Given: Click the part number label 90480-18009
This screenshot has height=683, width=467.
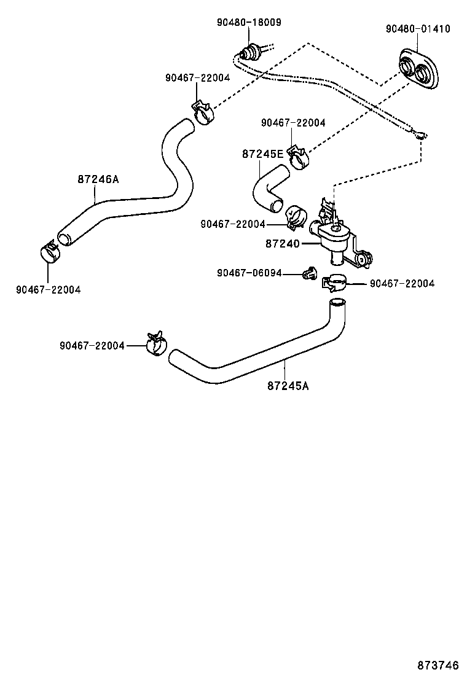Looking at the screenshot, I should coord(249,22).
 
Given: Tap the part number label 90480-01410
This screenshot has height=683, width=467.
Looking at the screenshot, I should coord(418,29).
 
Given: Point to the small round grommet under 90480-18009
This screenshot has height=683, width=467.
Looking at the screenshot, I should coord(249,51).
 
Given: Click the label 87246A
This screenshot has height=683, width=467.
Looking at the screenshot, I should coord(98,179).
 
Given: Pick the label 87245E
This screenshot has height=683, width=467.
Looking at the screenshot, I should coord(262,154).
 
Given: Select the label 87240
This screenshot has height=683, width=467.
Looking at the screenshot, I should coord(283,244).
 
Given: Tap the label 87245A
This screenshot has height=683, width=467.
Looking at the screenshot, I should coord(288,386).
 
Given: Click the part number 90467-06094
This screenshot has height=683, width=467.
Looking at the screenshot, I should coord(249,273).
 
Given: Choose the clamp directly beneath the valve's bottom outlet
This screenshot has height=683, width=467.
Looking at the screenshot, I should coord(334,283).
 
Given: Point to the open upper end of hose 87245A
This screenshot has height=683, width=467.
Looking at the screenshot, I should coord(337,302).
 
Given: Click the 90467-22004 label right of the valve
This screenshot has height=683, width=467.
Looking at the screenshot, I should coord(402,283).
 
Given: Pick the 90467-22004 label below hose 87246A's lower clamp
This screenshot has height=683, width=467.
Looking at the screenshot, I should coord(48,289).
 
